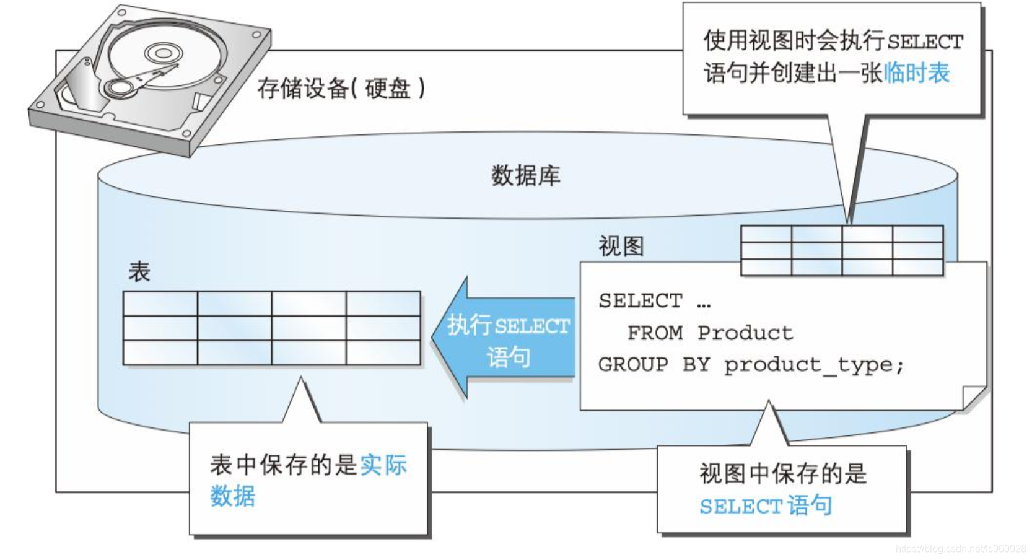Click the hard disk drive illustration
pos(150,81)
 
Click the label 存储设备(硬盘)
pos(341,88)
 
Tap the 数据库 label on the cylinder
pos(526,175)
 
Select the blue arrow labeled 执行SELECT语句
pos(503,338)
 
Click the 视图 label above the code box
pos(621,246)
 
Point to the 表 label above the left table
pos(139,271)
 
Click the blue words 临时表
pos(917,73)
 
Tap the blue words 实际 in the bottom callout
pos(383,465)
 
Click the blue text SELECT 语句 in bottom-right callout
pos(766,505)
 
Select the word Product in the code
pos(745,333)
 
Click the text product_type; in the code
pos(813,365)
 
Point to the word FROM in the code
pos(655,333)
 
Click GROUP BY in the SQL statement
pos(654,365)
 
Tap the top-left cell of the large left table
pos(160,304)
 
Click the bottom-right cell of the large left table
pos(383,352)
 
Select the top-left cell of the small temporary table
pos(766,234)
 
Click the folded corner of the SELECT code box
pos(974,398)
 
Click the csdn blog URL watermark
pos(961,548)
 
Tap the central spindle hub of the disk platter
pos(164,53)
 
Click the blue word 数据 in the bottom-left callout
pos(233,496)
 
